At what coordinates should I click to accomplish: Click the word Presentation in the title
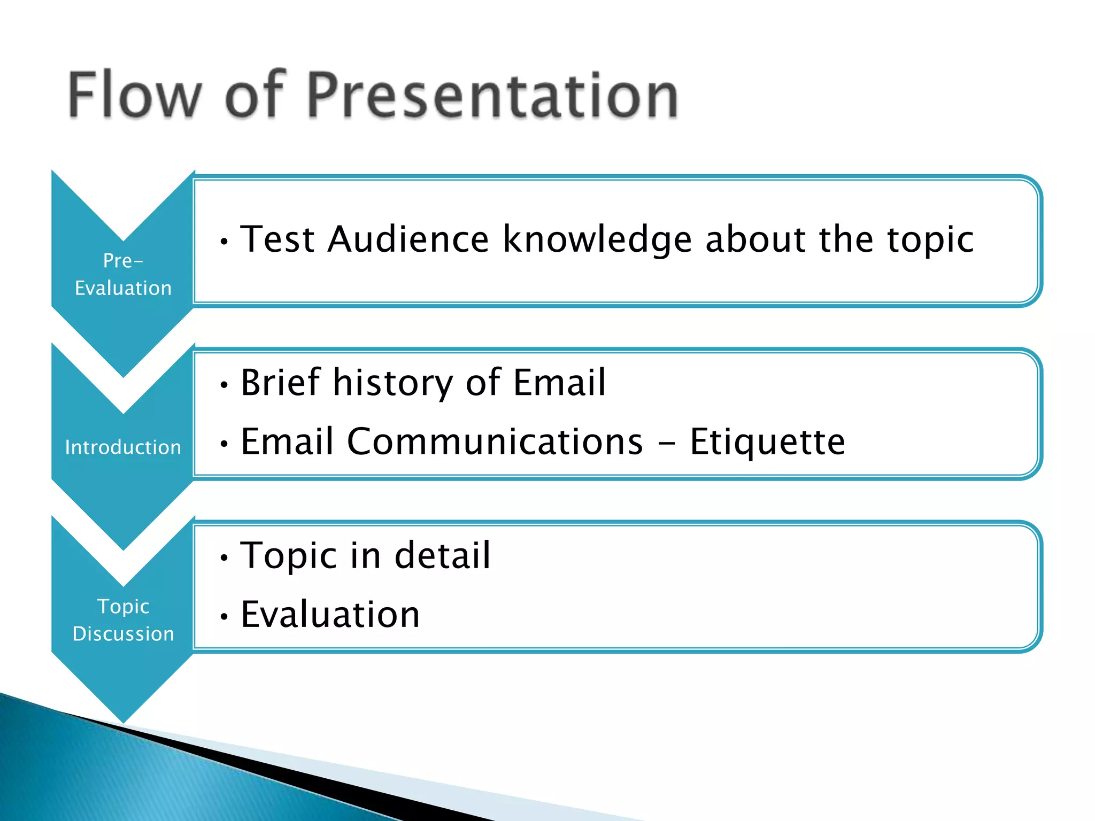pos(492,95)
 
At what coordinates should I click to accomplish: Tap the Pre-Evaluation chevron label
pos(123,274)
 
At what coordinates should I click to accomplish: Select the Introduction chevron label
pos(123,447)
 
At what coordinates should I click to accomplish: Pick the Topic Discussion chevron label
pos(123,620)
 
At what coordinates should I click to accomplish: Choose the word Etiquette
pos(768,443)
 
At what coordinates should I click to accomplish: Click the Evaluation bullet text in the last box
pos(330,614)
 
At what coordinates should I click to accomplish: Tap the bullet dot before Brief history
pos(225,385)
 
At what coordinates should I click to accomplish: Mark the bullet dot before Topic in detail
pos(225,558)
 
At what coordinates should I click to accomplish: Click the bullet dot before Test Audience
pos(225,242)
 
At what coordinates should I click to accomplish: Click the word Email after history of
pos(559,382)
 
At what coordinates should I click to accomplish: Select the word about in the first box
pos(755,239)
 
